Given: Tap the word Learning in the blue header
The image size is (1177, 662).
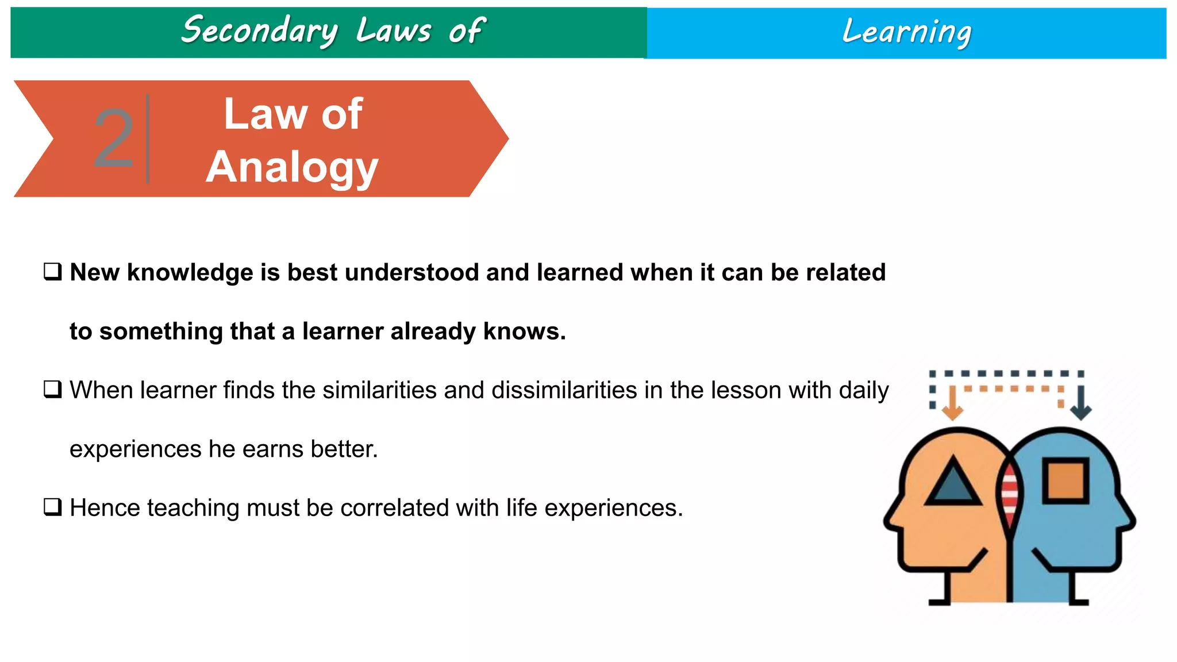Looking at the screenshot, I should tap(906, 32).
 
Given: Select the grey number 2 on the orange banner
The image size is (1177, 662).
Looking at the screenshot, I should tap(113, 138).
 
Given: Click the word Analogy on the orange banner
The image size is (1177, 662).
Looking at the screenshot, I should tap(292, 167).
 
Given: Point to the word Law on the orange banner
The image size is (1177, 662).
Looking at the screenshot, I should tap(266, 114).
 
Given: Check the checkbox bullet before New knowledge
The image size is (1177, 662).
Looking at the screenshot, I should tap(53, 271).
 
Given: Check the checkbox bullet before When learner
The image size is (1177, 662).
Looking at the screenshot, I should tap(53, 390).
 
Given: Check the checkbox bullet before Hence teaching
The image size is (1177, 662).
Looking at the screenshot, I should tap(53, 507).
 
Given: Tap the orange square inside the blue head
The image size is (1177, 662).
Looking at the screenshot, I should tap(1066, 480).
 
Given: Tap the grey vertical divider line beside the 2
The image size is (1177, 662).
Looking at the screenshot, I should tap(148, 138).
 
